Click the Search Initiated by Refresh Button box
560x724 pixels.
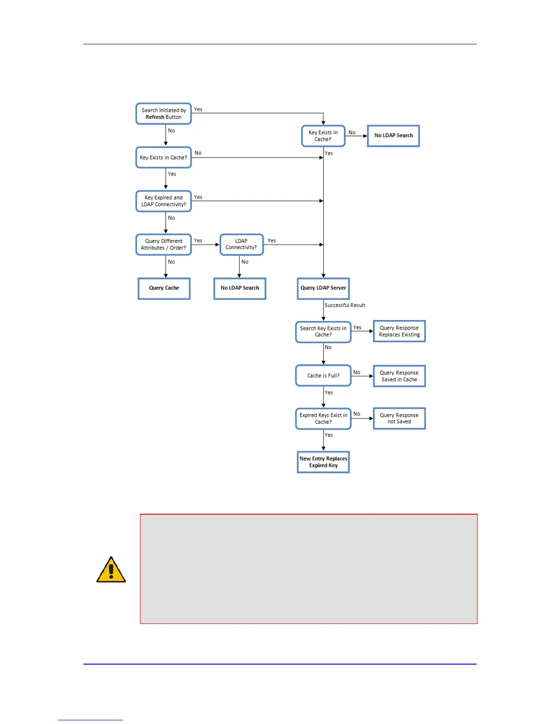pyautogui.click(x=163, y=113)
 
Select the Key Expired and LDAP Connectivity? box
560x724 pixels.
pyautogui.click(x=163, y=201)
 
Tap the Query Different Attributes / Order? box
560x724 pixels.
pyautogui.click(x=163, y=245)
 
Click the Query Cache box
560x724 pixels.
pyautogui.click(x=164, y=288)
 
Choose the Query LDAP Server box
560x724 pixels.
pyautogui.click(x=323, y=288)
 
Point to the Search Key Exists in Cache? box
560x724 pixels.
pyautogui.click(x=323, y=332)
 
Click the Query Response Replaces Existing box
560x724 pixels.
pyautogui.click(x=399, y=331)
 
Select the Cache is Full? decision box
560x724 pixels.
pyautogui.click(x=323, y=376)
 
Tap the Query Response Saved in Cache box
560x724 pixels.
pyautogui.click(x=399, y=376)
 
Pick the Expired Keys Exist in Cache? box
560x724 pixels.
pyautogui.click(x=323, y=419)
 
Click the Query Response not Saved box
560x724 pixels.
pyautogui.click(x=399, y=419)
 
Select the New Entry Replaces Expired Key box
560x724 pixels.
pyautogui.click(x=323, y=462)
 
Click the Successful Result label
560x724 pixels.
pyautogui.click(x=345, y=305)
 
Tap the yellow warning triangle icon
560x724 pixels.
pyautogui.click(x=111, y=570)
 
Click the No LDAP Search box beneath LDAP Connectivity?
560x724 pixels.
pyautogui.click(x=240, y=288)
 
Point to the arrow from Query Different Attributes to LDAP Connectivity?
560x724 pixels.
pyautogui.click(x=205, y=245)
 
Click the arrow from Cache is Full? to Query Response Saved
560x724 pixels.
pyautogui.click(x=362, y=376)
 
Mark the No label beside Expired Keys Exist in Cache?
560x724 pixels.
pyautogui.click(x=357, y=414)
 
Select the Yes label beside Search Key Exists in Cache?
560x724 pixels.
pyautogui.click(x=357, y=328)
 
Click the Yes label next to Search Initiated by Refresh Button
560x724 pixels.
pyautogui.click(x=198, y=110)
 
